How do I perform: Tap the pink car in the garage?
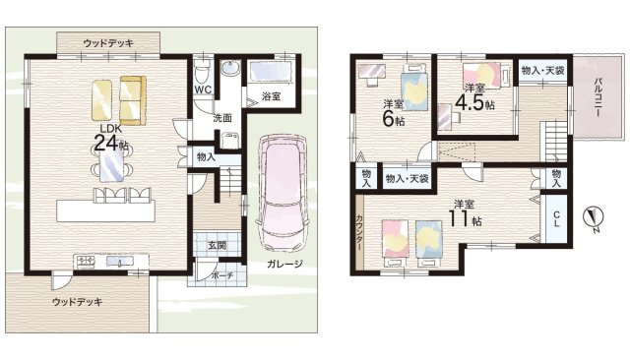coord(283,192)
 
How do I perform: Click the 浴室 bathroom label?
coord(271,96)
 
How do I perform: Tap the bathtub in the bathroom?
coord(265,72)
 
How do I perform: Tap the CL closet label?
coord(556,217)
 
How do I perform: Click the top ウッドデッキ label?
coord(108,42)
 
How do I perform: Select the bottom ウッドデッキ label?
coord(77,301)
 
